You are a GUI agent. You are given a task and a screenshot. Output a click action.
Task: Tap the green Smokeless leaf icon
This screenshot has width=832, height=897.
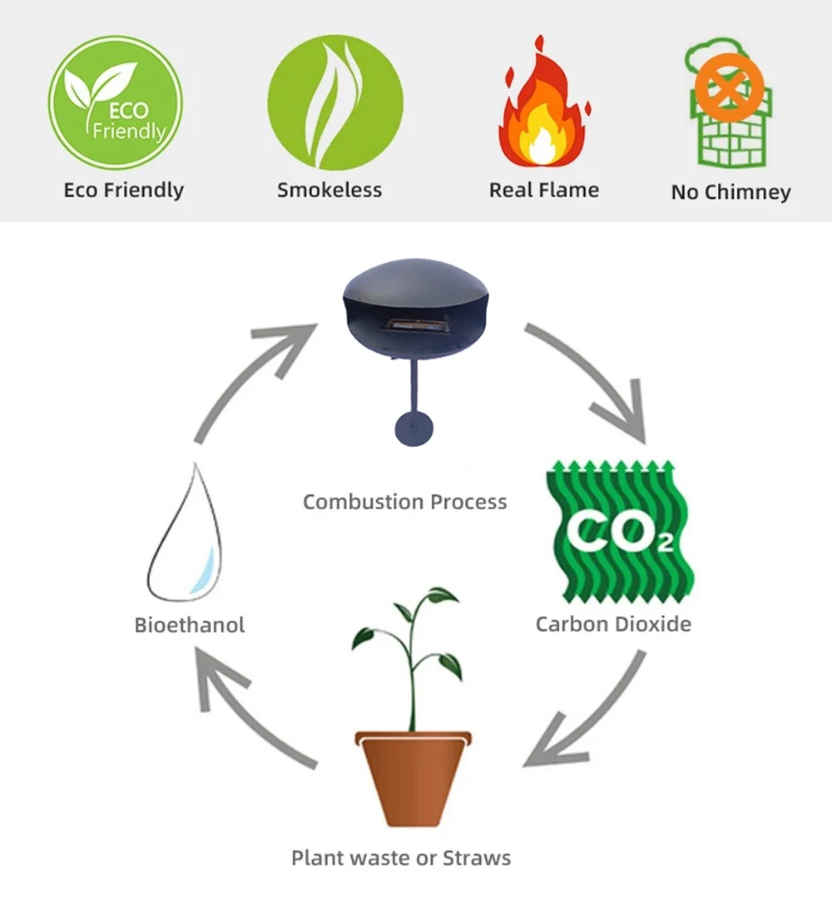click(x=334, y=102)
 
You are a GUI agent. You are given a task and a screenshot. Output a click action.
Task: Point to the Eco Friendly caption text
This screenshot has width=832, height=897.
click(x=123, y=191)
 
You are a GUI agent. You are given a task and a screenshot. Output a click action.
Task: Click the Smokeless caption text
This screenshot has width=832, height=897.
click(x=329, y=191)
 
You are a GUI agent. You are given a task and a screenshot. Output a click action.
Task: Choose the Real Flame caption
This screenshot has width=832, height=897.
click(x=543, y=191)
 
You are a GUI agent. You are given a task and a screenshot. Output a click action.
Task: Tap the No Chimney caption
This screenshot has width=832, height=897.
click(x=730, y=192)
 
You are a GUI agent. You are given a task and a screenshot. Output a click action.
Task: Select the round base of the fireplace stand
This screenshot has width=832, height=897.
click(x=414, y=426)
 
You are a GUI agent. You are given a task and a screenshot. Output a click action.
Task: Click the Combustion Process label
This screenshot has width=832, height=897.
click(x=404, y=502)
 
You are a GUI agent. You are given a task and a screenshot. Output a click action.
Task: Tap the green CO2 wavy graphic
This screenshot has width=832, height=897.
click(x=619, y=533)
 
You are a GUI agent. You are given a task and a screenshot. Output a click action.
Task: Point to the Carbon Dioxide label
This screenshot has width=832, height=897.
click(x=613, y=624)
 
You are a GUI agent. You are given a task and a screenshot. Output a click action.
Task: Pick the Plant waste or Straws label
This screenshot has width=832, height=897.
click(x=401, y=857)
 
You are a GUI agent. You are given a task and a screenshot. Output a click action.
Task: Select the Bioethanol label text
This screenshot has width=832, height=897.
click(x=190, y=625)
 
